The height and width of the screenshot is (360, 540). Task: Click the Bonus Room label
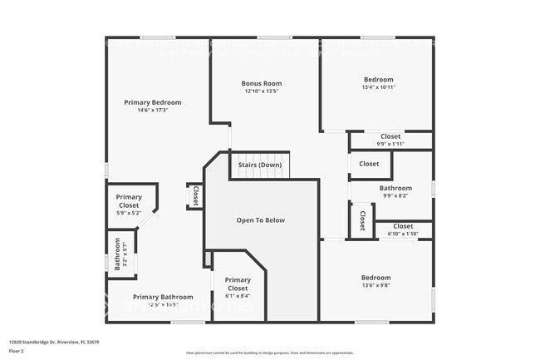click(x=262, y=83)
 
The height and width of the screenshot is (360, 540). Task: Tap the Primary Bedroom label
click(x=153, y=102)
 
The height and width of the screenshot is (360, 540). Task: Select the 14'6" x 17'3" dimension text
click(x=153, y=111)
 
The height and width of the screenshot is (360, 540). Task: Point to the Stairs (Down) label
click(x=260, y=165)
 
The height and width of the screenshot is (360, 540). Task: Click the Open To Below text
click(x=261, y=220)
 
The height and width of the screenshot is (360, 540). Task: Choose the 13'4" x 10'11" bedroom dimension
click(x=378, y=87)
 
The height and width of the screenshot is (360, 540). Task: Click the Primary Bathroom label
click(x=163, y=297)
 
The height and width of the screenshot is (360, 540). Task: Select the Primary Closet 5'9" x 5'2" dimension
click(x=129, y=213)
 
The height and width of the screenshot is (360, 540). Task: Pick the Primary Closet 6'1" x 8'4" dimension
click(x=238, y=296)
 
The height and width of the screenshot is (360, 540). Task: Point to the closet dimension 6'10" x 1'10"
click(x=403, y=234)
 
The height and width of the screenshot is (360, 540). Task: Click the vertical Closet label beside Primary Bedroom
click(x=195, y=196)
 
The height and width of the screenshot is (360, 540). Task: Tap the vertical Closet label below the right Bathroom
click(x=363, y=221)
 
